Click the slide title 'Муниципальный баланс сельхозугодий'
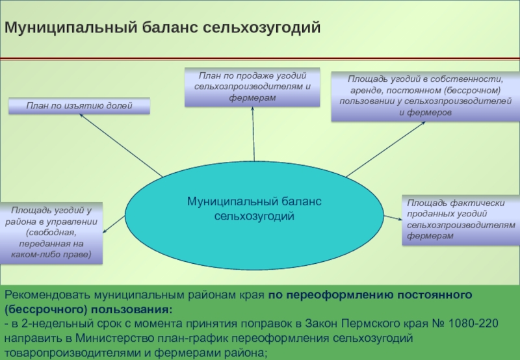[163, 28]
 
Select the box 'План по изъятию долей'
[79, 105]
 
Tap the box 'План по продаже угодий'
[252, 87]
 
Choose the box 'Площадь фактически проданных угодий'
[461, 220]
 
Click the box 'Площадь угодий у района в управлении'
[51, 232]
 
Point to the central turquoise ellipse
[254, 208]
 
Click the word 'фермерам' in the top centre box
[252, 97]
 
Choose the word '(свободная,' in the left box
[51, 231]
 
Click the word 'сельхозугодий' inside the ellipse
[254, 215]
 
